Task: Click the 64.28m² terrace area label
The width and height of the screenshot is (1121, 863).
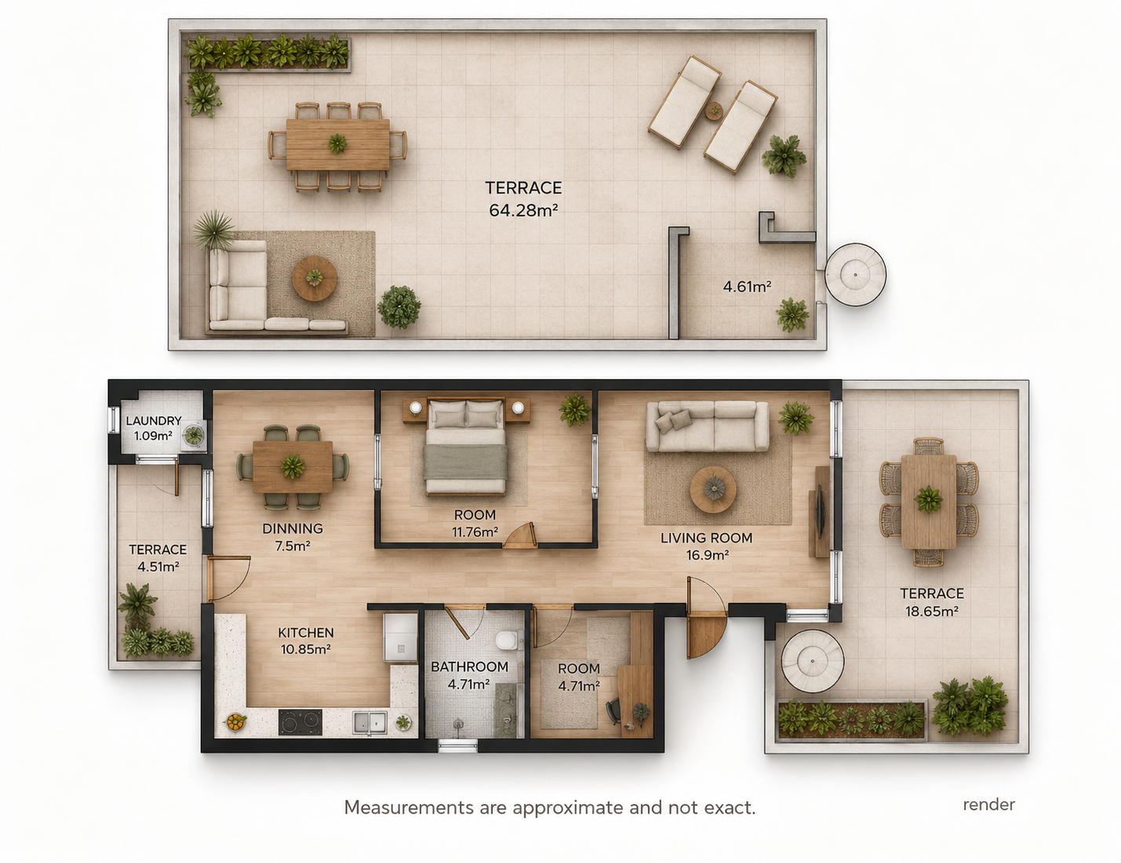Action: (523, 210)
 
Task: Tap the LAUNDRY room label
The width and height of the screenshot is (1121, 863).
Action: (154, 421)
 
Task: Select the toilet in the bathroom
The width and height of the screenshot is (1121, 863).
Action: (506, 640)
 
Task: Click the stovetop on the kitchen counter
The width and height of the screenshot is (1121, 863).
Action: (300, 722)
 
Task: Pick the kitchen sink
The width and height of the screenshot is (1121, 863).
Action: (370, 723)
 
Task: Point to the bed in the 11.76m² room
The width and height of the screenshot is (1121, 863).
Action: (466, 446)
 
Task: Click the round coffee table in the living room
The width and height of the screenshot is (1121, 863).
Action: (713, 489)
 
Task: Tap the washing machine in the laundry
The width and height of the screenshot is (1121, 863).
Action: (194, 434)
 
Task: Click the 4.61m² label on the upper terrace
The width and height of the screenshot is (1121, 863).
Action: (747, 286)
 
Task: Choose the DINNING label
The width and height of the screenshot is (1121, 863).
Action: (293, 528)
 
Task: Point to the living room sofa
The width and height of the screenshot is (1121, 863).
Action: (708, 426)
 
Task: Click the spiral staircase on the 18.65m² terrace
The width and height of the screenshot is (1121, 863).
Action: (813, 661)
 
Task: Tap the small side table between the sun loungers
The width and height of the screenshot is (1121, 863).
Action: (714, 111)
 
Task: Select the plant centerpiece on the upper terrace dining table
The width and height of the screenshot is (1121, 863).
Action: (337, 143)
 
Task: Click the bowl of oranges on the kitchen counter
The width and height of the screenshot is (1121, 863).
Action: (235, 722)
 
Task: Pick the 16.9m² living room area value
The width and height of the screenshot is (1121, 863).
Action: (708, 555)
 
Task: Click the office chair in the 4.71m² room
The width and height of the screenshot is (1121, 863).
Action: (613, 712)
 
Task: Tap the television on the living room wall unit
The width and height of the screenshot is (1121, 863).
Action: (820, 510)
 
